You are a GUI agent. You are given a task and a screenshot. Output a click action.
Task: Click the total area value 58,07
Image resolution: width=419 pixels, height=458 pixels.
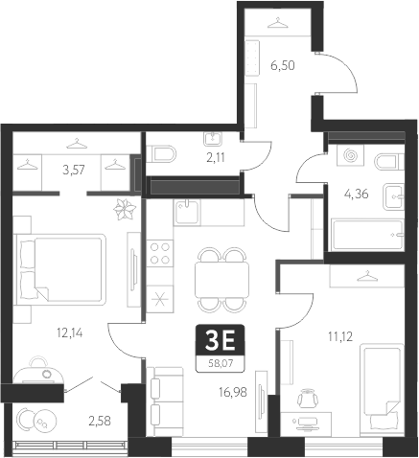pyautogui.click(x=220, y=361)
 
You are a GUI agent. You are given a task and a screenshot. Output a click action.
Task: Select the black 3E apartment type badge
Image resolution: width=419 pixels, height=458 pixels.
pyautogui.click(x=220, y=339)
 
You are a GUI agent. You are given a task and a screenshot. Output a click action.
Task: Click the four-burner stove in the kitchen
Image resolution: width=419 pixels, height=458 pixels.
pyautogui.click(x=160, y=255)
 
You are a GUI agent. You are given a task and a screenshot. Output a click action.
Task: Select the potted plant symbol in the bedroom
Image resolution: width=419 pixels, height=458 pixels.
pyautogui.click(x=123, y=209)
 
